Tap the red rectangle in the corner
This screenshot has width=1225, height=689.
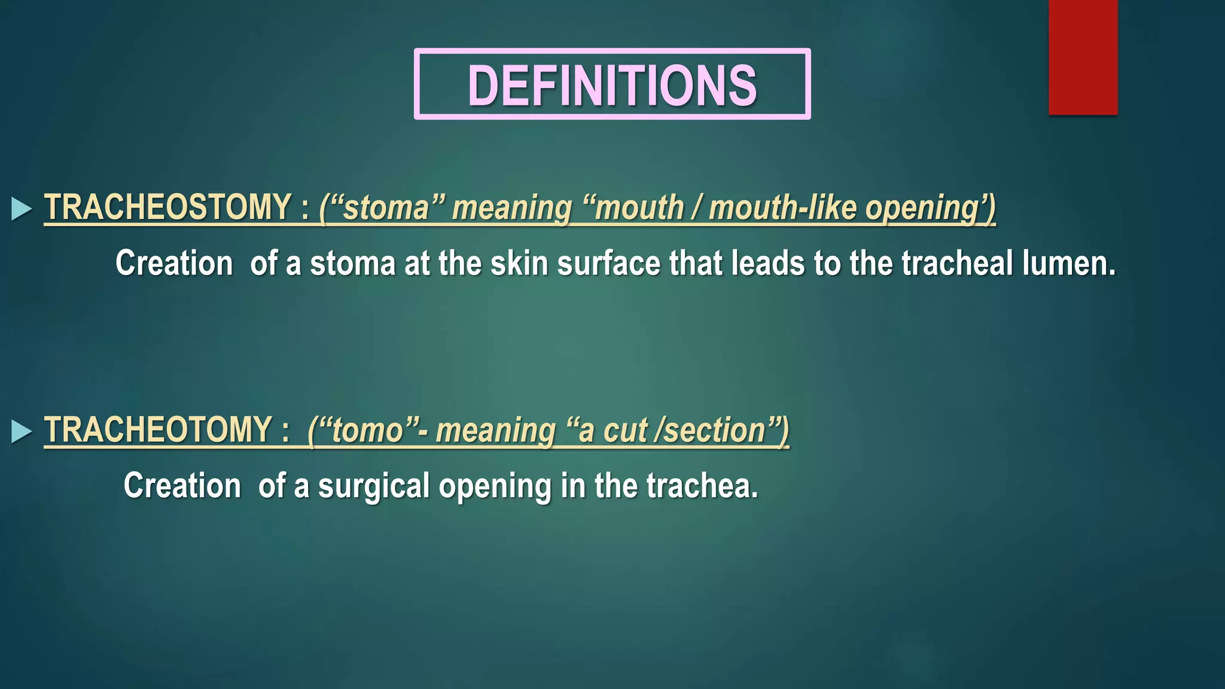pos(1083,57)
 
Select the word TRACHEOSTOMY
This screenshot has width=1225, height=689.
pos(167,208)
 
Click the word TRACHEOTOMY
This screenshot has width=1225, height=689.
pos(159,430)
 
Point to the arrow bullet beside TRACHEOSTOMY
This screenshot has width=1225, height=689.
pos(22,209)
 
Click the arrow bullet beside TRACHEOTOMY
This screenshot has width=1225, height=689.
pos(22,431)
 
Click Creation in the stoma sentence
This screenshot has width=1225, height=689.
pos(174,263)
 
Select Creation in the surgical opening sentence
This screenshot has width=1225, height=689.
pos(182,486)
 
